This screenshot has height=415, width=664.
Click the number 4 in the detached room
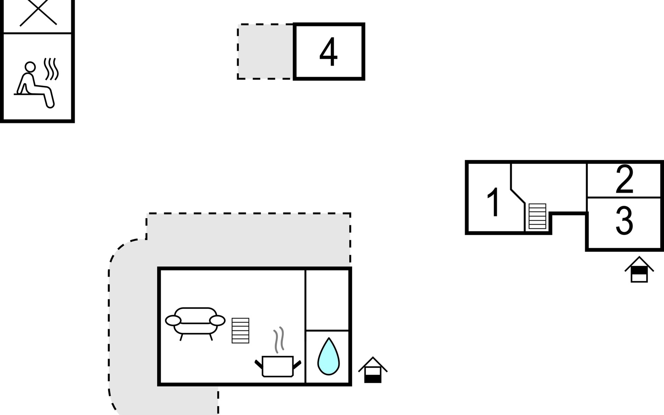(x=328, y=52)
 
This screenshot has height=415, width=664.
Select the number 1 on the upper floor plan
(x=493, y=202)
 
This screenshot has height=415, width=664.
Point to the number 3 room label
(x=624, y=220)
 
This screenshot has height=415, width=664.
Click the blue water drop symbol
(x=328, y=357)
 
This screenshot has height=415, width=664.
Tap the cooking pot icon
(x=278, y=366)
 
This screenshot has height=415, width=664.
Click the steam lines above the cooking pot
(x=279, y=340)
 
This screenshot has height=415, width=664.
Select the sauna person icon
(x=35, y=85)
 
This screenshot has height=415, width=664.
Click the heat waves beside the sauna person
(x=51, y=69)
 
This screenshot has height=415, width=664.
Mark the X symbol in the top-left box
(x=38, y=13)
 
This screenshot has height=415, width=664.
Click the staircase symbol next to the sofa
(x=240, y=331)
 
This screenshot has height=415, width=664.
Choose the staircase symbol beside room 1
(x=537, y=216)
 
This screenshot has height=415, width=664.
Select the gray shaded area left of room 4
(x=265, y=52)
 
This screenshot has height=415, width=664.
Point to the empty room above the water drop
(x=327, y=299)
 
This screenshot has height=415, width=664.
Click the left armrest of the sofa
(x=173, y=321)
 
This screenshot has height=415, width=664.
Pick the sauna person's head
(x=30, y=66)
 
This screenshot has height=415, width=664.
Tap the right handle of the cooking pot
(x=297, y=364)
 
